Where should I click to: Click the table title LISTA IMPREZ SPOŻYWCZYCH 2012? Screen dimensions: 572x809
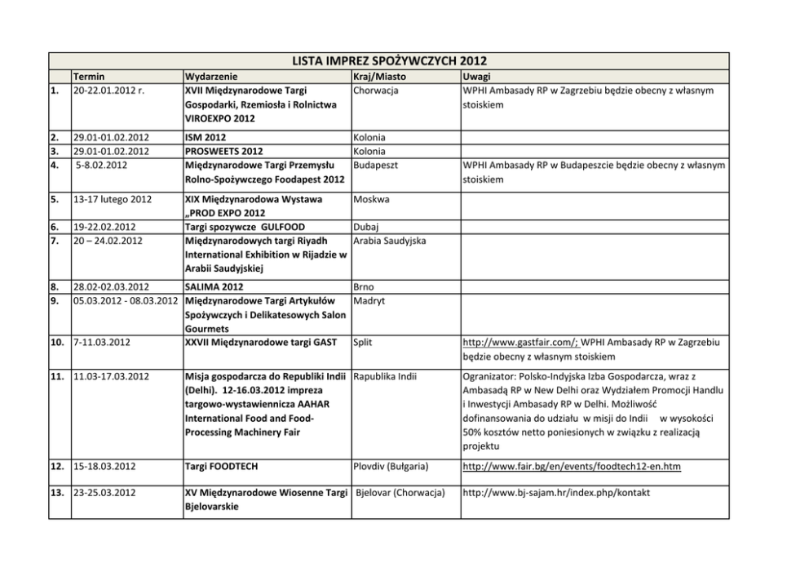388,61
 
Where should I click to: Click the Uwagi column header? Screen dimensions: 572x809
476,76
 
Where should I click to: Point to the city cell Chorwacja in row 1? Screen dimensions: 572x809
376,90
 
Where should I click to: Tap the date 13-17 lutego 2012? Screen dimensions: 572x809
112,199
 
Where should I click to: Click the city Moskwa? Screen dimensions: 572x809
372,199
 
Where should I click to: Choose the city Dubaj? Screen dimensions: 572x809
368,227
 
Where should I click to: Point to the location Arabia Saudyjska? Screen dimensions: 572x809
390,241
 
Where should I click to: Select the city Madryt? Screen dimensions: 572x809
369,301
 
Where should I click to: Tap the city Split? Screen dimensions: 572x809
363,342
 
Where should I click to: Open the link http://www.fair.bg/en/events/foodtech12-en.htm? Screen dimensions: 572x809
571,466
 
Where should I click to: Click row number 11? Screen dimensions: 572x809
58,376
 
